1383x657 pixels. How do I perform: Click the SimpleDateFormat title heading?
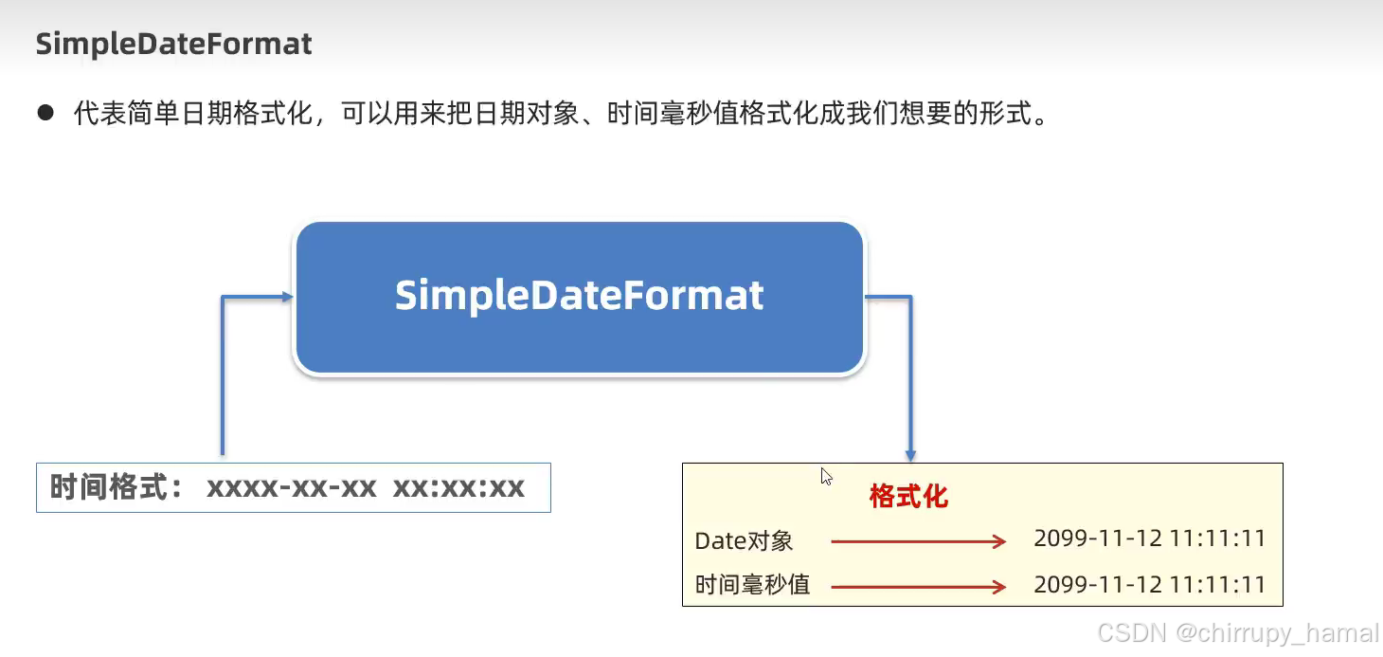click(173, 44)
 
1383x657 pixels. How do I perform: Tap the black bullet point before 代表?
click(45, 114)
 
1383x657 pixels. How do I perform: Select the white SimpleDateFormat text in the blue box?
click(579, 296)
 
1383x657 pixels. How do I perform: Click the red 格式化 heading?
click(908, 496)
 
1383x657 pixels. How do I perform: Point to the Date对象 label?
click(744, 541)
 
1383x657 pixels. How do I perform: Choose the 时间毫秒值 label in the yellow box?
click(753, 585)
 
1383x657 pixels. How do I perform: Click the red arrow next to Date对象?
click(917, 541)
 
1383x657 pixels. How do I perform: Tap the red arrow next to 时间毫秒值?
click(917, 587)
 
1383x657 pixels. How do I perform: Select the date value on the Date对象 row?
click(1149, 539)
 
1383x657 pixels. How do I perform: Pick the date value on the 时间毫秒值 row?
click(1149, 584)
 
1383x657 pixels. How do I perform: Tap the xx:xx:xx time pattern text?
click(458, 488)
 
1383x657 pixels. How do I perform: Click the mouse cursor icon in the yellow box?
click(827, 476)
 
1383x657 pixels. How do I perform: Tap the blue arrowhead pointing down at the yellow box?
click(910, 455)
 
